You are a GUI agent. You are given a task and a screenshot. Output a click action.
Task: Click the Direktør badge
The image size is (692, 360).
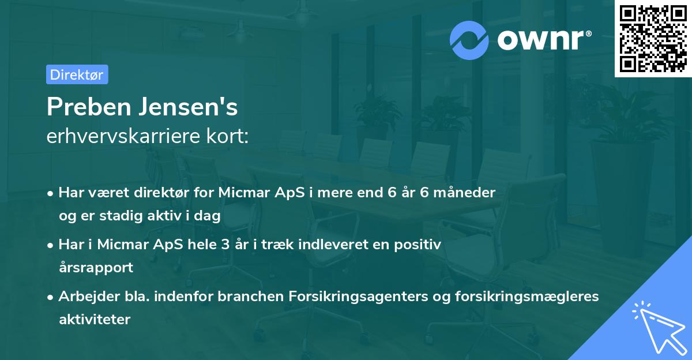click(x=77, y=74)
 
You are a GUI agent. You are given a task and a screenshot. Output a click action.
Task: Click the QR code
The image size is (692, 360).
click(x=653, y=39)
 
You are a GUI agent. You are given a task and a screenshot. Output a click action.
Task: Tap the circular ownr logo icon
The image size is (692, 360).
click(x=469, y=40)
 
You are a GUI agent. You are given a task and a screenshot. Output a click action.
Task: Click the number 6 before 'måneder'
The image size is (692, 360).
click(x=424, y=193)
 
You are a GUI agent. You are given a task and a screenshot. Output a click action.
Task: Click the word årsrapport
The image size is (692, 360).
click(x=96, y=267)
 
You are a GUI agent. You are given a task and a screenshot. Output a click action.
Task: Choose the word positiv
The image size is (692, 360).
click(x=420, y=245)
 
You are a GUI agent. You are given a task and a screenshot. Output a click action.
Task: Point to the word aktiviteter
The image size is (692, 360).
click(x=95, y=319)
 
